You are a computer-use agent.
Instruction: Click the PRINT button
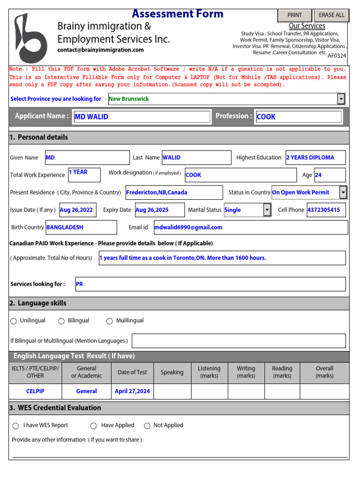click(294, 15)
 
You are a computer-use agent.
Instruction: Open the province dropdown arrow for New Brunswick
click(341, 99)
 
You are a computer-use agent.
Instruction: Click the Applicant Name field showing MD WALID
click(142, 117)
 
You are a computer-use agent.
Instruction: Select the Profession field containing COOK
click(298, 117)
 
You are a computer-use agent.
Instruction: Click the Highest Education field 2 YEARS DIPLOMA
click(315, 158)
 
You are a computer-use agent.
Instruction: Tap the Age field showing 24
click(330, 175)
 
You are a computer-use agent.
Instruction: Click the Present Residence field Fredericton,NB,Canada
click(174, 193)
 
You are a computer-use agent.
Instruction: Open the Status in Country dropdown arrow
click(343, 193)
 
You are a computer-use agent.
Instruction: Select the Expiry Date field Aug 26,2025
click(158, 210)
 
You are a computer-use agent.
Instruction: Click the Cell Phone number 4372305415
click(326, 210)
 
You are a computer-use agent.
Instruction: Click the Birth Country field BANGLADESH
click(81, 227)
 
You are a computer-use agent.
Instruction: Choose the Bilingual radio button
click(61, 321)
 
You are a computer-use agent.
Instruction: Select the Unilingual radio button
click(14, 321)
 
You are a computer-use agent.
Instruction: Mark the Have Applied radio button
click(94, 426)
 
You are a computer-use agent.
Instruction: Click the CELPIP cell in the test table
click(35, 391)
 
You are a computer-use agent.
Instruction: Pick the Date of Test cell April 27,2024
click(132, 391)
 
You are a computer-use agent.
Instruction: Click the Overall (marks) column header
click(324, 372)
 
